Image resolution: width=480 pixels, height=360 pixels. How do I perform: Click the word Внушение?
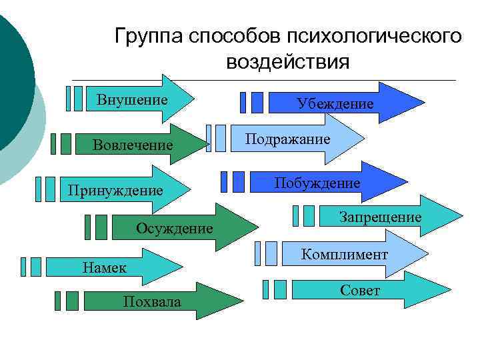[131, 101]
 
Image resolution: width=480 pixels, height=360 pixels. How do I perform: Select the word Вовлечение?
[133, 145]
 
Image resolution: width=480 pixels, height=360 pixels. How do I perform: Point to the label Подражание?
[287, 139]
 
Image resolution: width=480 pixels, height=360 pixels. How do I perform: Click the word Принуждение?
[115, 191]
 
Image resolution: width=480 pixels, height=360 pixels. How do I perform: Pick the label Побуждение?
[317, 183]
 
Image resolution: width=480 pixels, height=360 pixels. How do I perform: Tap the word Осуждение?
[175, 229]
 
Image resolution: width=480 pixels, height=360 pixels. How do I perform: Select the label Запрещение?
[380, 217]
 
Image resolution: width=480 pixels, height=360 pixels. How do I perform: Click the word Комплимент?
[344, 254]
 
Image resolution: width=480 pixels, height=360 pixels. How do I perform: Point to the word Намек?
[103, 268]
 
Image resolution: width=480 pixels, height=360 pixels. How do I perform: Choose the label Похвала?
[152, 302]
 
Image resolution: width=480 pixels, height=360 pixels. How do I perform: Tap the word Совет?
[360, 291]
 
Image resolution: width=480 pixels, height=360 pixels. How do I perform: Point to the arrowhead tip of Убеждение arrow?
[424, 103]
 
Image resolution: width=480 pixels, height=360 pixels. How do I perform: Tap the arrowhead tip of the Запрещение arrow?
[461, 216]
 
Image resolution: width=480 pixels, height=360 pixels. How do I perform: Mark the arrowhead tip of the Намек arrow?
[182, 267]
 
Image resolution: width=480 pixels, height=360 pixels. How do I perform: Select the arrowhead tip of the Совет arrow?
[451, 290]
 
